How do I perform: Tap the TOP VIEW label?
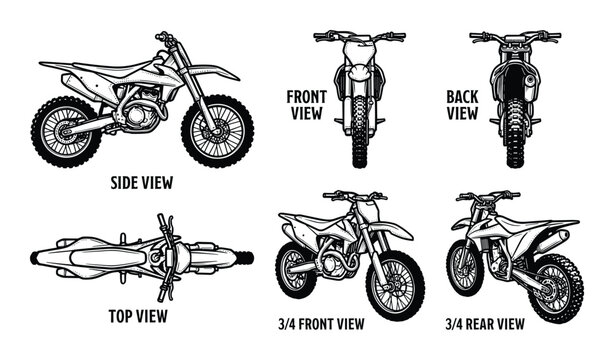click(139, 317)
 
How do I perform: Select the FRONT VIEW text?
click(307, 105)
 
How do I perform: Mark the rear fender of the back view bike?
click(515, 80)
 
